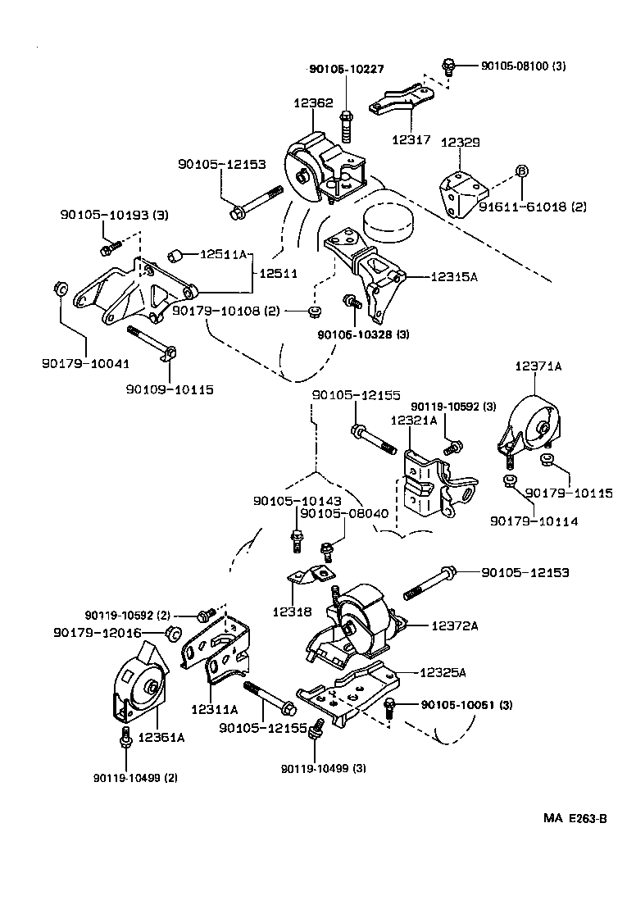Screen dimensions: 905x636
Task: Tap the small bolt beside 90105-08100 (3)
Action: point(447,65)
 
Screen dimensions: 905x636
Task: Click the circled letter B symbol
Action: point(521,171)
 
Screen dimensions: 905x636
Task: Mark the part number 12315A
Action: point(451,277)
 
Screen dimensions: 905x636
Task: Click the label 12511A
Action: point(222,255)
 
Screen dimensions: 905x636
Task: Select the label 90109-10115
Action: point(170,389)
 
